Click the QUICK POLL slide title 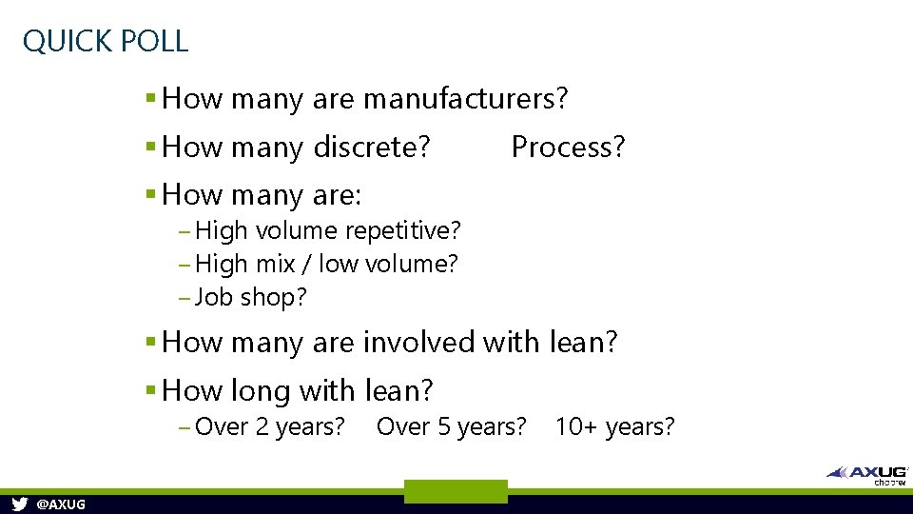106,41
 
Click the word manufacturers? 466,98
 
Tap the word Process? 568,147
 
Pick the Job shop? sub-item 250,297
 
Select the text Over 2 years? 269,426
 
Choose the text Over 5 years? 451,426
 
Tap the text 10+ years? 614,426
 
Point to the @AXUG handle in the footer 60,504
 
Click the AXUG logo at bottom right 866,473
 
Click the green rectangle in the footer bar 456,491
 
